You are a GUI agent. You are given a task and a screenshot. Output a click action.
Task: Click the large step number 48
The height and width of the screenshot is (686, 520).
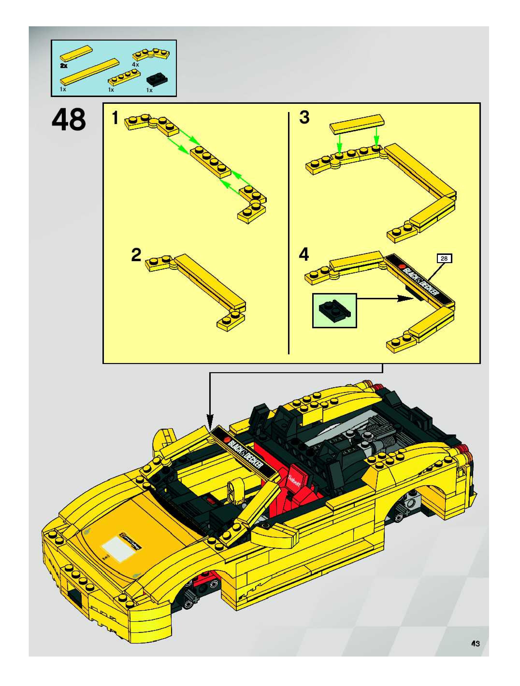[x=69, y=120]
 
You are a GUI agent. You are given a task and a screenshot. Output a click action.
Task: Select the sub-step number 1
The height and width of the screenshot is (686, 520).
[x=115, y=118]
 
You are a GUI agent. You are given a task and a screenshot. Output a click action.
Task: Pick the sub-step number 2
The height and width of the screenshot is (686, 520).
[x=136, y=255]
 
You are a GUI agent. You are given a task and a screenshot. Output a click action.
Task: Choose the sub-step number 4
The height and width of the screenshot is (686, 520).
[x=304, y=255]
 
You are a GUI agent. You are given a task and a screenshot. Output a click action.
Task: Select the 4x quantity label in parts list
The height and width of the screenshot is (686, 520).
[x=135, y=64]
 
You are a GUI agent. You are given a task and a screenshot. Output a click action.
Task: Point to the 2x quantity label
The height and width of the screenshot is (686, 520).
[x=64, y=66]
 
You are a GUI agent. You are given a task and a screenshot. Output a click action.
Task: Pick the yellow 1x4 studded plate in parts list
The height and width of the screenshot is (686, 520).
[x=124, y=77]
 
